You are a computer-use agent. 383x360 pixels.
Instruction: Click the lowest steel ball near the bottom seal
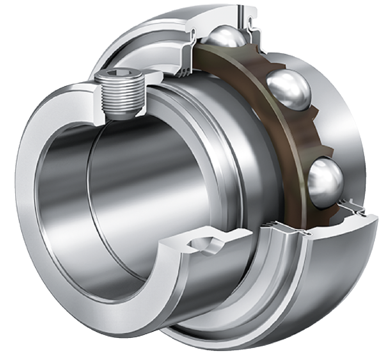pyautogui.click(x=325, y=181)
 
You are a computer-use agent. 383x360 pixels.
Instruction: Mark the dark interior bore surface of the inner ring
pyautogui.click(x=133, y=181)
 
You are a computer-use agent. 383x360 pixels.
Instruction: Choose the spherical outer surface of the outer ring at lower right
pyautogui.click(x=343, y=282)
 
